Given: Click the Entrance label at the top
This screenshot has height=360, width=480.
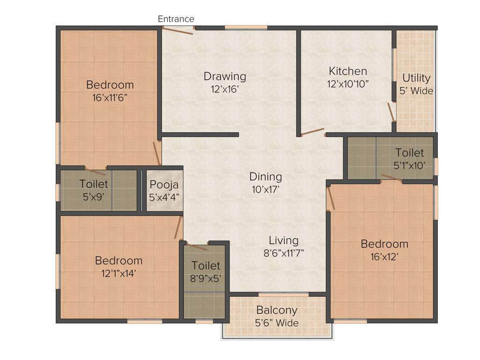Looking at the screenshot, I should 176,19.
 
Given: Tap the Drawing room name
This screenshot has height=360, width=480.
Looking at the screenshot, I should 225,76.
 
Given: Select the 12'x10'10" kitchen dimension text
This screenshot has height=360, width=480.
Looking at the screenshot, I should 348,84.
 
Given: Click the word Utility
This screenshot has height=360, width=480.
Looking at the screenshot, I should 416,78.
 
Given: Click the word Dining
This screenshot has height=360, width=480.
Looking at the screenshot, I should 266,177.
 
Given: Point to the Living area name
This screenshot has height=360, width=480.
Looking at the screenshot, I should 283,240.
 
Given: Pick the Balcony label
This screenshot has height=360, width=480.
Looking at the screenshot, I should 277,310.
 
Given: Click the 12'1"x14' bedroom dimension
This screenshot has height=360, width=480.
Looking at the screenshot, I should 118,273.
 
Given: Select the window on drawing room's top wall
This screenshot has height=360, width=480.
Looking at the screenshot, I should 246,27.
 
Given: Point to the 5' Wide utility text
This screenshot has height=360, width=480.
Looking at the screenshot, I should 416,91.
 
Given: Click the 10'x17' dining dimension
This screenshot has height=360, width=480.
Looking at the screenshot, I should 266,190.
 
